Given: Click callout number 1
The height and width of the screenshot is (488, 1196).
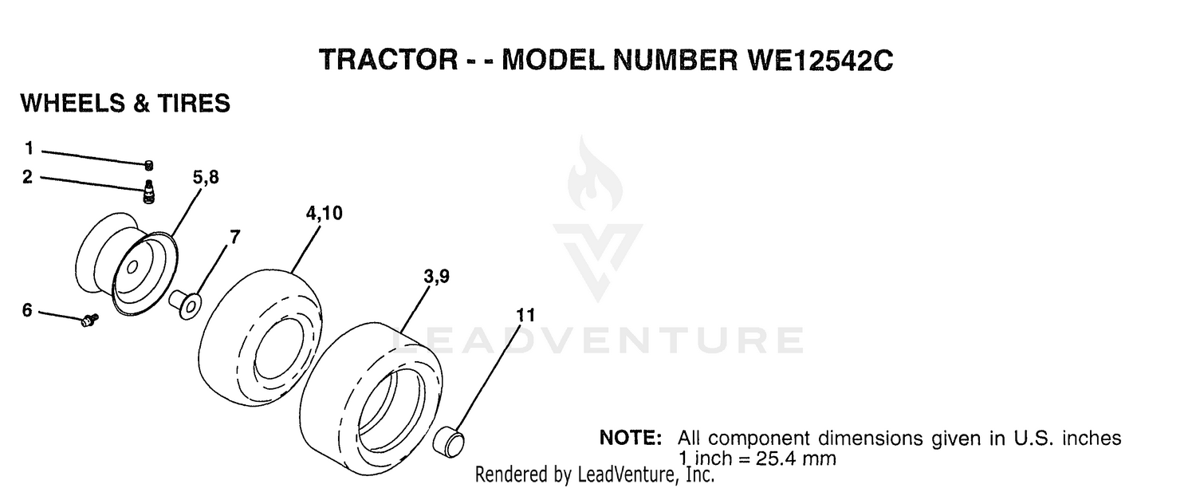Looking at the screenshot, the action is [x=30, y=148].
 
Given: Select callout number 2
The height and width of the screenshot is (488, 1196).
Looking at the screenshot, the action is [x=28, y=177].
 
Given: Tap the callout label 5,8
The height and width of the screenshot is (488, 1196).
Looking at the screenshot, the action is [x=206, y=177].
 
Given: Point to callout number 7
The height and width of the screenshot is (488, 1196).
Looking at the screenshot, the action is [x=235, y=237].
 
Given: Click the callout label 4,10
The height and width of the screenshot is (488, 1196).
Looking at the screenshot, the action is [x=324, y=213].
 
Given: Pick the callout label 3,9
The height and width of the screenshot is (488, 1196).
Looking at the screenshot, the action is [x=437, y=276].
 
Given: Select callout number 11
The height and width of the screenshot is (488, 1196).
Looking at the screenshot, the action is [x=525, y=315].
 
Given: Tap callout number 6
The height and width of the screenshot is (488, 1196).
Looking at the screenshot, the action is [x=27, y=309].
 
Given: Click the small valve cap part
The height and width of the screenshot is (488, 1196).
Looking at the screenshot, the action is [x=149, y=166].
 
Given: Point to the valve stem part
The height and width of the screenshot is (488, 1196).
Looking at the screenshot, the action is [x=149, y=191].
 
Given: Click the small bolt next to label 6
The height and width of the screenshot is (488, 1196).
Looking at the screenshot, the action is [x=89, y=320].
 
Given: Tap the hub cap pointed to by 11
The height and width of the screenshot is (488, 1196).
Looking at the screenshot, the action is [x=448, y=442].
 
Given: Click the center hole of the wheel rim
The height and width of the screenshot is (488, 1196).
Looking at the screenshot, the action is [x=132, y=267].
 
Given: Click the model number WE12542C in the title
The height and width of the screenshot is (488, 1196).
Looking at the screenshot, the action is [x=820, y=59].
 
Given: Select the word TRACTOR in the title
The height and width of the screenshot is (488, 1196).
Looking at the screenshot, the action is [x=389, y=59].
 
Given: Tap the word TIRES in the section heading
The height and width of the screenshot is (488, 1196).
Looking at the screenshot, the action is [x=194, y=103].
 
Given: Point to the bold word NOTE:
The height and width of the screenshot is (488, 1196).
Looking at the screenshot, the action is [x=631, y=438].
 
